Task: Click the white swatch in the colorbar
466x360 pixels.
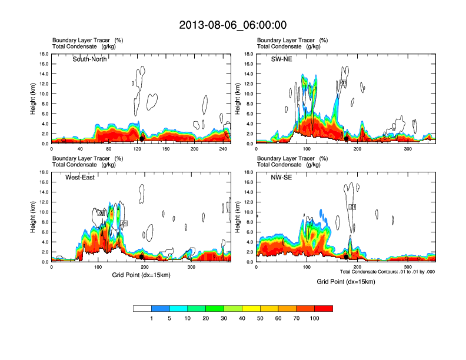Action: (x=142, y=308)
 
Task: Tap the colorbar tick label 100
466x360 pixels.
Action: (x=315, y=318)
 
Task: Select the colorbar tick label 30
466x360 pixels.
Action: (x=224, y=318)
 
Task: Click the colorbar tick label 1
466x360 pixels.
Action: (x=152, y=318)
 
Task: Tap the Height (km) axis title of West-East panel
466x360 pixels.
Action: (x=33, y=217)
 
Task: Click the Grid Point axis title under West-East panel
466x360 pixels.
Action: (x=141, y=275)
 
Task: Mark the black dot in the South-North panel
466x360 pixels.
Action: (x=142, y=138)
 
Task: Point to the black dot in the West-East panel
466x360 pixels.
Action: (x=141, y=256)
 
